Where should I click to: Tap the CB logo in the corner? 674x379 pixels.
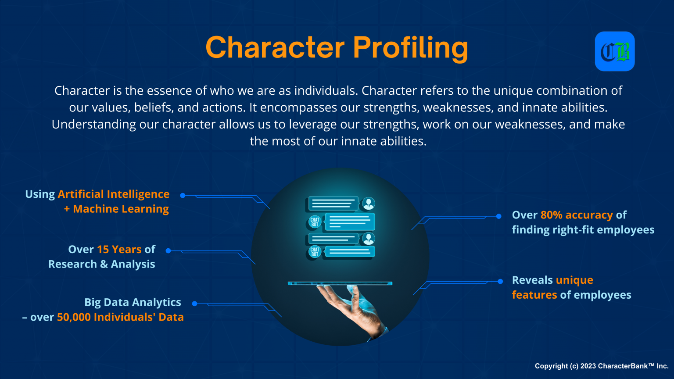615,51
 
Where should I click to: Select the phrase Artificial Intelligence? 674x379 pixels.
114,194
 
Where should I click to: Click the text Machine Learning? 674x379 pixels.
121,209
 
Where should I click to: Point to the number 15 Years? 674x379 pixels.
119,250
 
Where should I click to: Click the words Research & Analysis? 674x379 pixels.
102,265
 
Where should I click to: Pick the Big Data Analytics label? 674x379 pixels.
133,303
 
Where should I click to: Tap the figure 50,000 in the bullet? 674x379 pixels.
74,318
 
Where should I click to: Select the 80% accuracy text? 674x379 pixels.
577,215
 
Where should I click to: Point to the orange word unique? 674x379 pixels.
574,280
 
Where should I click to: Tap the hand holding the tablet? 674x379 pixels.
351,307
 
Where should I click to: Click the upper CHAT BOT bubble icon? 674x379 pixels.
315,222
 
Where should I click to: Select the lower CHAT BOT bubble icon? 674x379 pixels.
315,252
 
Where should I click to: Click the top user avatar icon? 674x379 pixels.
369,204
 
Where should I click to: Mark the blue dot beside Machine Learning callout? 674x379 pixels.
183,196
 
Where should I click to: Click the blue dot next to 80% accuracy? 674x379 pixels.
499,216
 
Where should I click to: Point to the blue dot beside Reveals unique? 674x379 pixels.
500,281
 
